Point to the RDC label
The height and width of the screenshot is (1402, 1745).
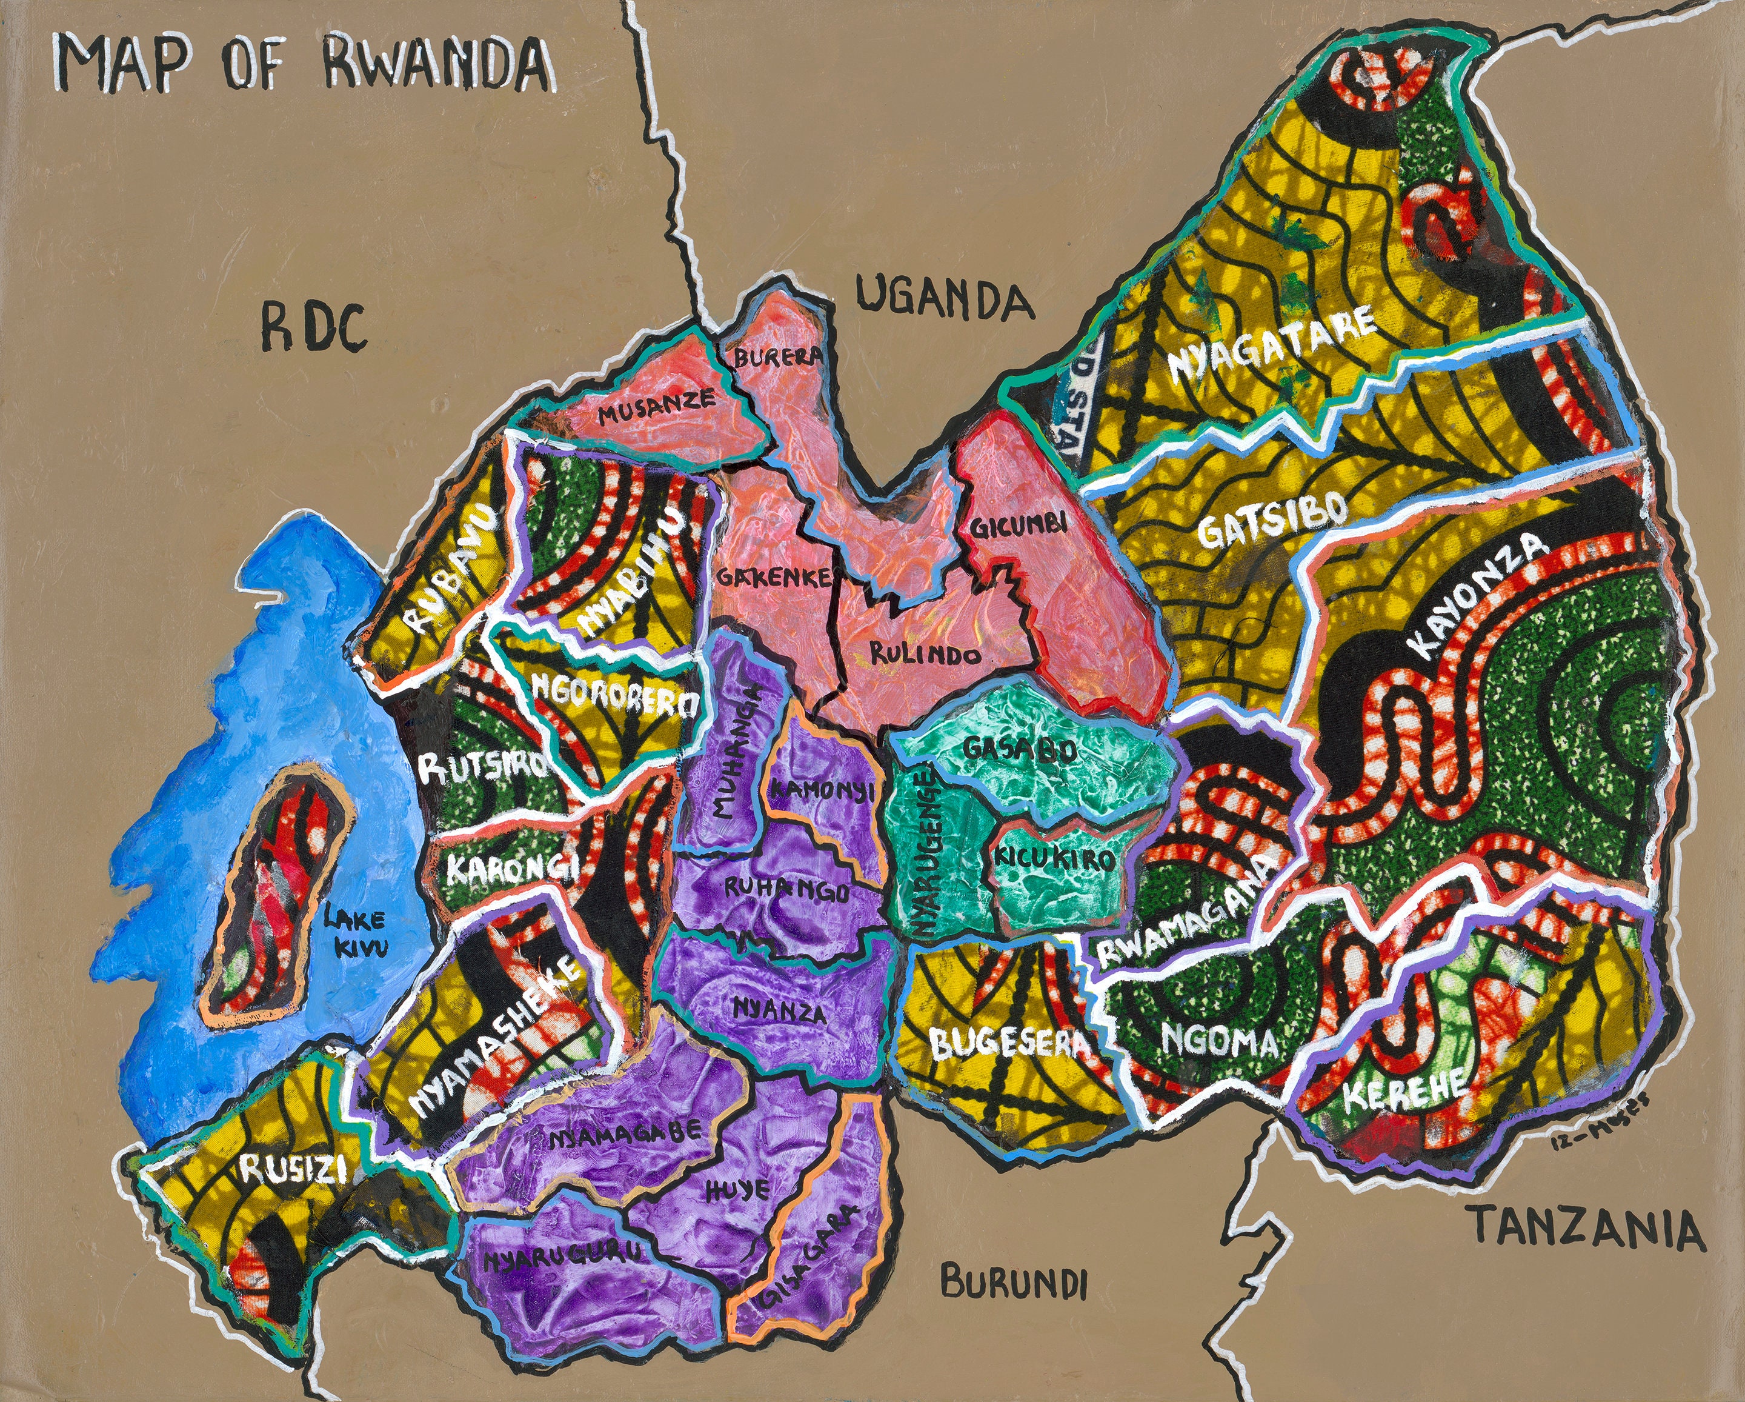click(x=313, y=328)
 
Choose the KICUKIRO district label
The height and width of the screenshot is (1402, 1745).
click(x=1053, y=858)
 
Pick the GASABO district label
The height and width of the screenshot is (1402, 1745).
click(x=1020, y=749)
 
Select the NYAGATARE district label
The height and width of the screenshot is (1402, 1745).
click(x=1270, y=344)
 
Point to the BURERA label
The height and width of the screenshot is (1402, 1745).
click(x=777, y=356)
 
